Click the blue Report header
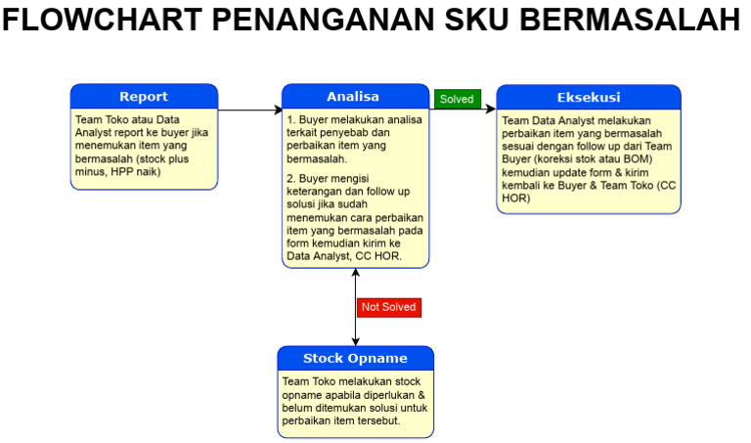(x=144, y=97)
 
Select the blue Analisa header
(x=356, y=97)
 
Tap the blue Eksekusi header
(x=589, y=97)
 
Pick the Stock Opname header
(x=355, y=358)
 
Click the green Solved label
(x=457, y=99)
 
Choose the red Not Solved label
(x=389, y=307)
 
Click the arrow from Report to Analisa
(x=250, y=111)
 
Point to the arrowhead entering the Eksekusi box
(x=491, y=111)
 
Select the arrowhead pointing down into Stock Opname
(x=356, y=340)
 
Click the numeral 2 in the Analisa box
(x=289, y=179)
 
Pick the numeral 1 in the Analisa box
(x=289, y=120)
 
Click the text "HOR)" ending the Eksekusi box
(x=515, y=199)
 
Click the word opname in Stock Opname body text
(x=303, y=394)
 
